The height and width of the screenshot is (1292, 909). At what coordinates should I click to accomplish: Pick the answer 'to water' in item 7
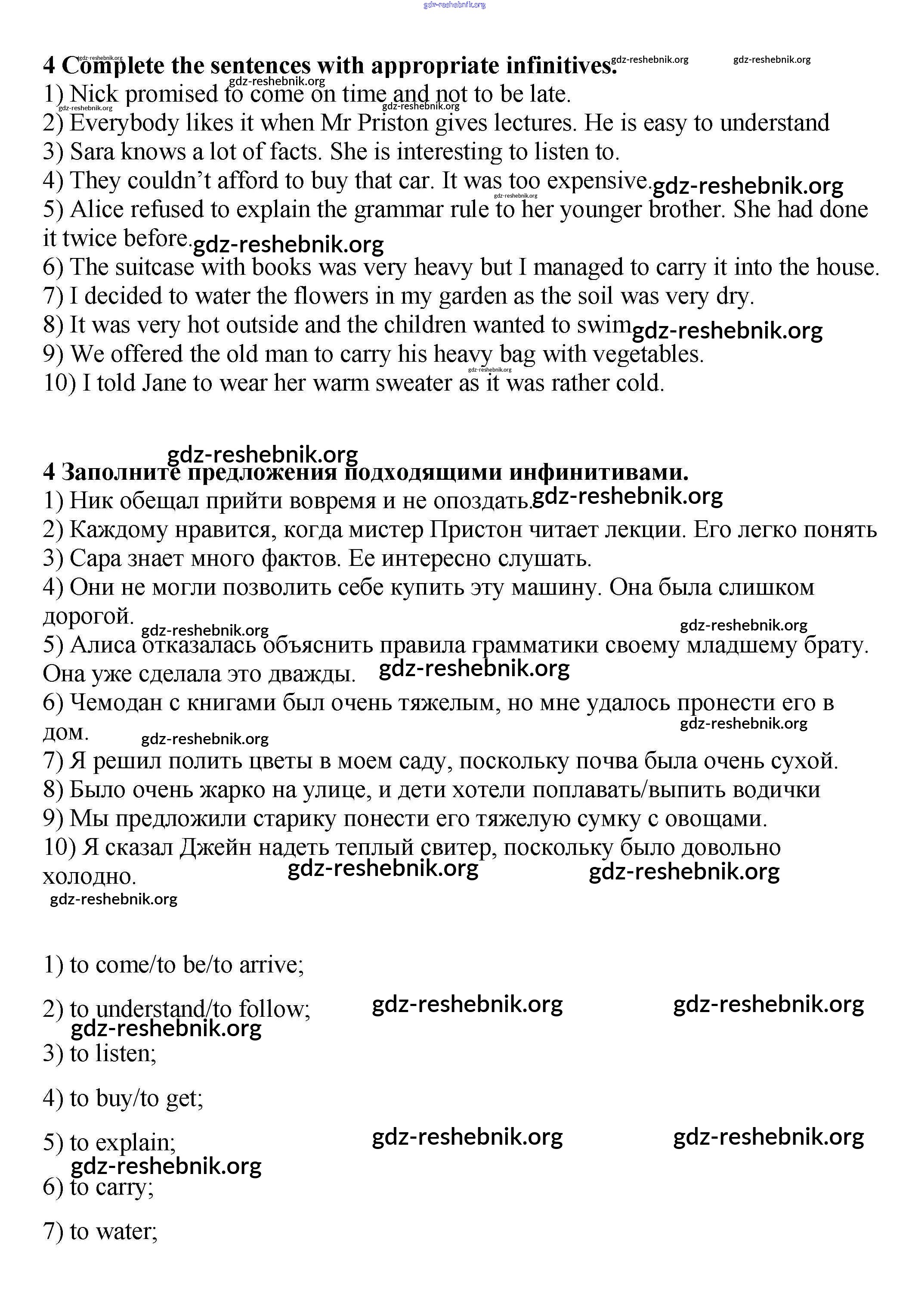113,1231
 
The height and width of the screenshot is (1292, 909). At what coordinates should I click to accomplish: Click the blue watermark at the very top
454,5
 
